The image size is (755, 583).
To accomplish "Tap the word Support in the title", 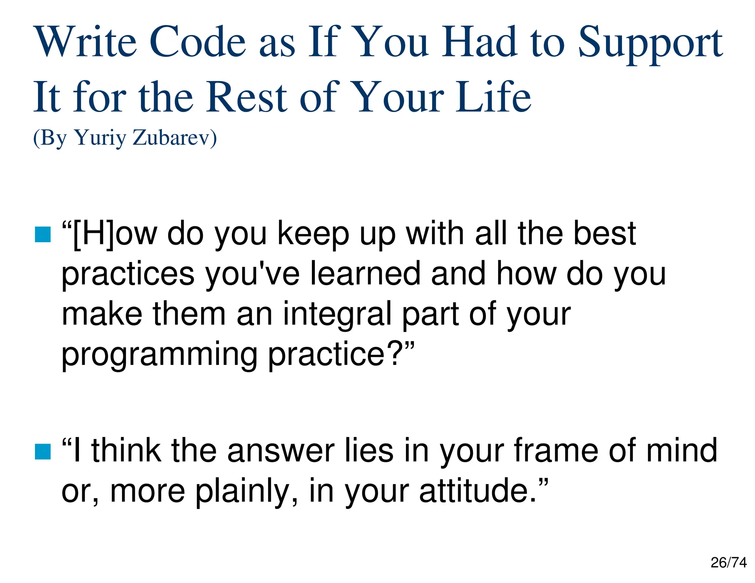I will [x=650, y=43].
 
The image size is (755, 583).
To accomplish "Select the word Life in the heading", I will [x=493, y=97].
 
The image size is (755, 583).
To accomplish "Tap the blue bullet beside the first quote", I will [x=43, y=235].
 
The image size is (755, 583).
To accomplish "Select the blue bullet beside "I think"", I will [x=43, y=452].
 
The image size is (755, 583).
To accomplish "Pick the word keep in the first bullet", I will [x=313, y=234].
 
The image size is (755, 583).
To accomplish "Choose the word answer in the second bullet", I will [x=281, y=451].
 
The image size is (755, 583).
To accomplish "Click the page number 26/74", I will [x=728, y=563].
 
